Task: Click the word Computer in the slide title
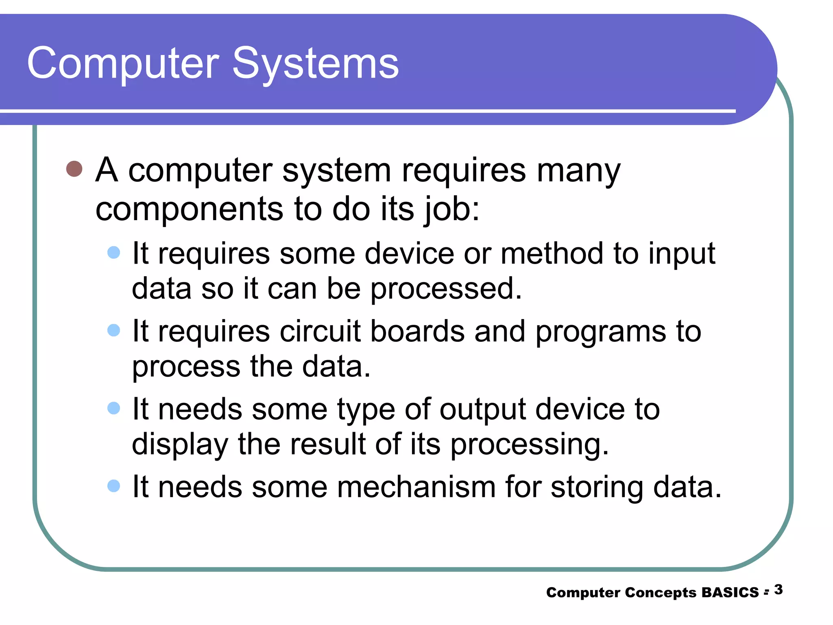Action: (x=123, y=64)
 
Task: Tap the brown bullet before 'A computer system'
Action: (x=74, y=168)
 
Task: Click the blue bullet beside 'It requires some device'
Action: (x=113, y=252)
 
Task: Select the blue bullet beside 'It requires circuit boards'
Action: (x=113, y=330)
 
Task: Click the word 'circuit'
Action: (x=320, y=331)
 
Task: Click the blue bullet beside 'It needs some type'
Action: (x=113, y=408)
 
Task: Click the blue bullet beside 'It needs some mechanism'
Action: (x=113, y=486)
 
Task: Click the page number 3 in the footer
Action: (x=778, y=590)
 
